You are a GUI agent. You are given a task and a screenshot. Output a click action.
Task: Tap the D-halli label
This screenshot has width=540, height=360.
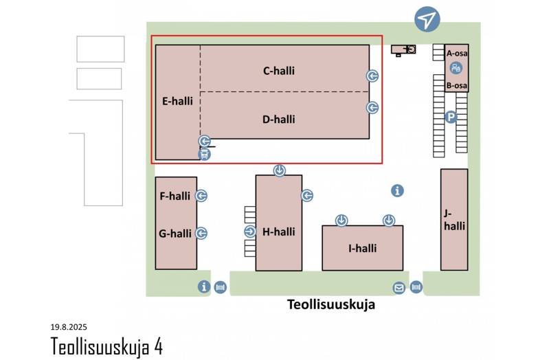pos(278,119)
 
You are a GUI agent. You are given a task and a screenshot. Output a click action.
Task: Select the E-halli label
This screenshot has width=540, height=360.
pos(177,100)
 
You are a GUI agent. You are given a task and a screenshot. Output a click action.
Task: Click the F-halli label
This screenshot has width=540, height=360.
pos(175,196)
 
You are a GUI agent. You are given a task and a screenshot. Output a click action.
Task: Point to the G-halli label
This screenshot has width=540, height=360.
pos(175,234)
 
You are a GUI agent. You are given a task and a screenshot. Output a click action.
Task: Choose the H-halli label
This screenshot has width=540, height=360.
pos(278,232)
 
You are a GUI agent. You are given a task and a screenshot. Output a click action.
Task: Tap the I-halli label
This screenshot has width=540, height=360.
pos(362,248)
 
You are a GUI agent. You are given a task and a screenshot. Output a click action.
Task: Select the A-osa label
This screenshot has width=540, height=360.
pos(456,53)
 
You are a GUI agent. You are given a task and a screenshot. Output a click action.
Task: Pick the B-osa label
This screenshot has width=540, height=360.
pos(456,86)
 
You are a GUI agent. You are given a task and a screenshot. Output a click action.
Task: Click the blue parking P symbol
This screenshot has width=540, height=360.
pos(451,117)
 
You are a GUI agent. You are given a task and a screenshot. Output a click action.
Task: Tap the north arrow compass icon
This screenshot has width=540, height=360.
pos(427,20)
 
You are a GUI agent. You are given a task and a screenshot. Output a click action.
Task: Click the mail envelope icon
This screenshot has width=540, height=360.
pos(398,287)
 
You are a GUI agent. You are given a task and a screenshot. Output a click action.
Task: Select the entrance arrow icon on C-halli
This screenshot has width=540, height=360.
pos(372,76)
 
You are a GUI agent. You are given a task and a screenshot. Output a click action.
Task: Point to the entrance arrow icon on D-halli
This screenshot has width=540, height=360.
pos(372,107)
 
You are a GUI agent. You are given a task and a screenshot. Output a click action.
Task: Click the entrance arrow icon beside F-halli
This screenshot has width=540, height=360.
pos(201,196)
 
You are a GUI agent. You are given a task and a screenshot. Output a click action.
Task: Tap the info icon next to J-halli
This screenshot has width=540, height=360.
pos(397,191)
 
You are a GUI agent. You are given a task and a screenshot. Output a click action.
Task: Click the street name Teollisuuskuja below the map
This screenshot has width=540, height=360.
pos(330,305)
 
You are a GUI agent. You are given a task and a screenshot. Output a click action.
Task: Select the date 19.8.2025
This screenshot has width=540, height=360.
pos(69,327)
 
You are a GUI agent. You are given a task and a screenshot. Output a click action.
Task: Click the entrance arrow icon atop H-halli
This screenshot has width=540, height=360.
pos(280,170)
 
